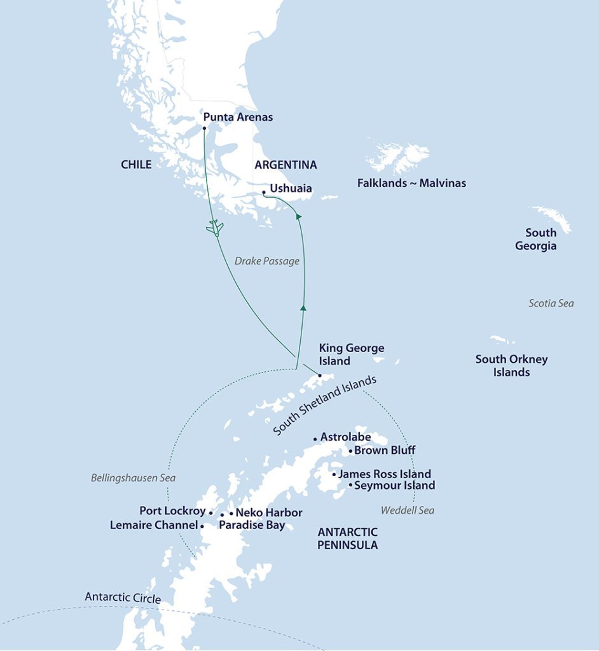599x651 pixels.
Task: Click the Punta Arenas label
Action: click(x=238, y=117)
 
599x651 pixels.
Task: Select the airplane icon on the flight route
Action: click(x=215, y=228)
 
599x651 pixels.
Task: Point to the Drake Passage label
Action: click(x=266, y=261)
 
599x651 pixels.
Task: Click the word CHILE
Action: click(x=136, y=165)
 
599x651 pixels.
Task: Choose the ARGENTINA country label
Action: click(x=286, y=165)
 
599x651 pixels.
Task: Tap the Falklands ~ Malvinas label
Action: click(x=411, y=183)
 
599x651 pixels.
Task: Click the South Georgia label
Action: click(x=536, y=239)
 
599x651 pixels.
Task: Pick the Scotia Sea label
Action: click(x=551, y=303)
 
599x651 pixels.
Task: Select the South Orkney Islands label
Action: click(x=511, y=366)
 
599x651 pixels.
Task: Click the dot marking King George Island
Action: click(x=320, y=375)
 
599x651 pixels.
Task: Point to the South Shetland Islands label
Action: click(x=325, y=406)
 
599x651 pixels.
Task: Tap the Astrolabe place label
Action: click(x=345, y=437)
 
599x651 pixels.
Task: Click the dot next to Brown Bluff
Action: click(x=350, y=451)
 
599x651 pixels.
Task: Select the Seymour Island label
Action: click(x=394, y=486)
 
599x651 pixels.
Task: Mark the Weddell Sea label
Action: click(x=408, y=510)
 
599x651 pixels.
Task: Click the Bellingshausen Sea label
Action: click(x=133, y=477)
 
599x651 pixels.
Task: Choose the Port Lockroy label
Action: click(x=172, y=511)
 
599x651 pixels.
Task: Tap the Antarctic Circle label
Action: click(x=123, y=598)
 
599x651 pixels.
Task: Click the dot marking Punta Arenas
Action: click(x=204, y=128)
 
